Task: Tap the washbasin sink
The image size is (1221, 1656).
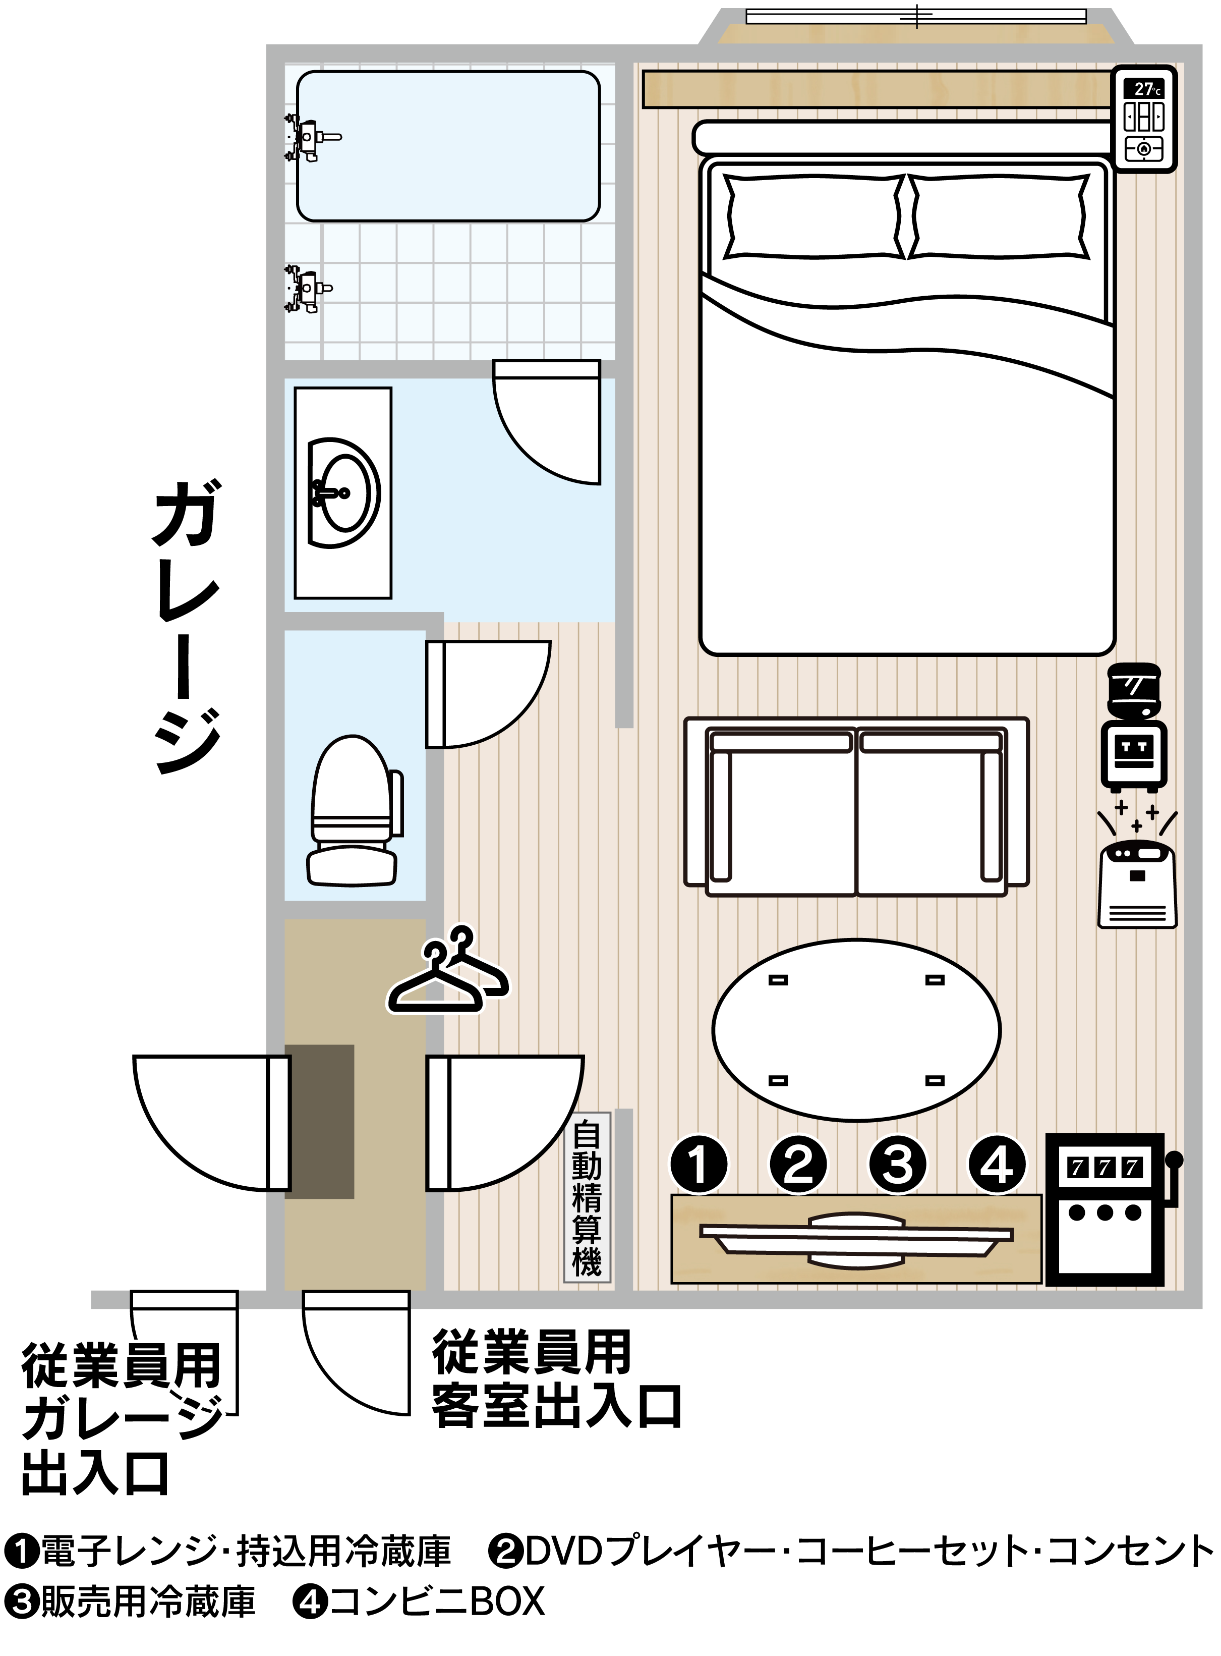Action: click(x=343, y=492)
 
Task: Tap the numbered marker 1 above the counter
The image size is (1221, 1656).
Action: click(x=699, y=1165)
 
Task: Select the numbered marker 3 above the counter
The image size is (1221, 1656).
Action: click(x=897, y=1165)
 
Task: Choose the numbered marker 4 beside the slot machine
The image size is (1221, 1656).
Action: click(x=997, y=1165)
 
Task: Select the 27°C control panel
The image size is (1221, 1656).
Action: click(x=1144, y=120)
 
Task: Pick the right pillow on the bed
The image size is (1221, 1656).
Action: click(x=999, y=216)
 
